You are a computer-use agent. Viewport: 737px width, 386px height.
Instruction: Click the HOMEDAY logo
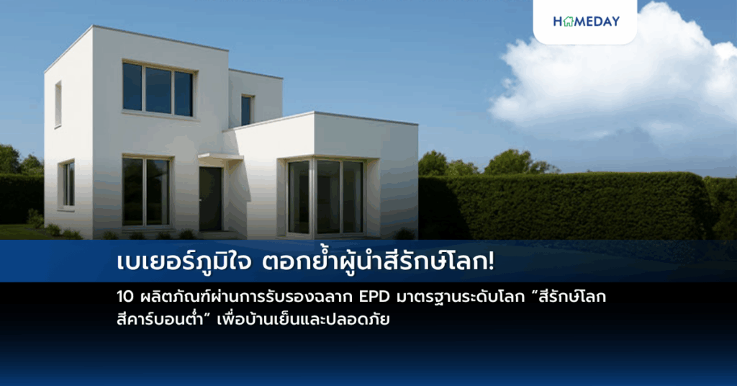[x=586, y=22]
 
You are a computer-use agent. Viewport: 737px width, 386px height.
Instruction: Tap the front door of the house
[x=210, y=198]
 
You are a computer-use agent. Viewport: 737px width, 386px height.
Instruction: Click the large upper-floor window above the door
[x=158, y=89]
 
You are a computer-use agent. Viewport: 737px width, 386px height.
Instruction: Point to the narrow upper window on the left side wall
[x=58, y=104]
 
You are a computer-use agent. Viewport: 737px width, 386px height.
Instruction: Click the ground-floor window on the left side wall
[x=68, y=185]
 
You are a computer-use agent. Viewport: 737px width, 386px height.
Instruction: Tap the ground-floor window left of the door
[x=145, y=192]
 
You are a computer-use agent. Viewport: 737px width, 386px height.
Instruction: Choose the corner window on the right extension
[x=326, y=197]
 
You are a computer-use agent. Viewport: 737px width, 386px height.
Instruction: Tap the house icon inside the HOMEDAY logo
[x=569, y=22]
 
